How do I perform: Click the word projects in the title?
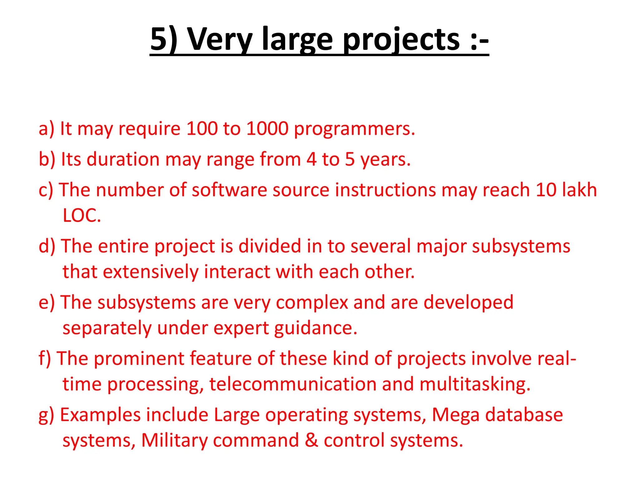401,40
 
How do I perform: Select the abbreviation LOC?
82,215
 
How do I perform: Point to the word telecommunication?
293,384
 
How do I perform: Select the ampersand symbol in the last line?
311,440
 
